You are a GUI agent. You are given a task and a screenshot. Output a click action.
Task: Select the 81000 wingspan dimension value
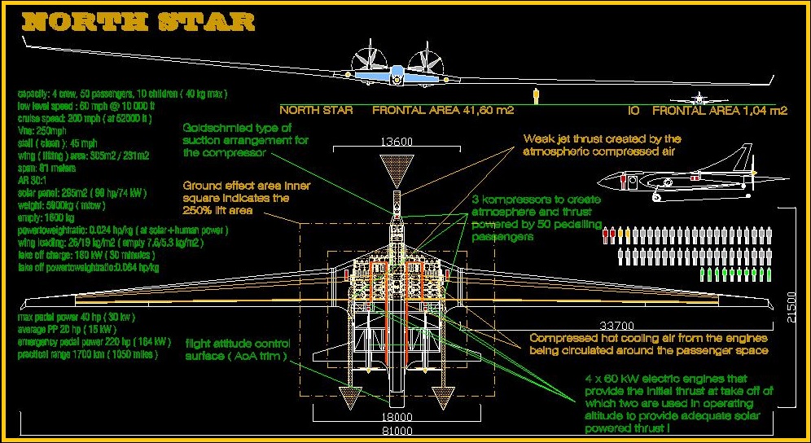coord(397,429)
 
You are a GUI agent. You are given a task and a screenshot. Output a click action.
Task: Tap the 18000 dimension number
coord(397,417)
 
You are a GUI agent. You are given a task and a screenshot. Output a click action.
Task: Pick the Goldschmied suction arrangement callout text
coord(236,140)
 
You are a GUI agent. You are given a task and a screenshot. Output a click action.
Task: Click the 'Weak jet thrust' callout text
coord(602,145)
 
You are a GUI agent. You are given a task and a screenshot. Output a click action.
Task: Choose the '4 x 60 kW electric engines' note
coord(677,403)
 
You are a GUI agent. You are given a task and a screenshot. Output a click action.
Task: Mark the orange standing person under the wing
coord(535,95)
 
